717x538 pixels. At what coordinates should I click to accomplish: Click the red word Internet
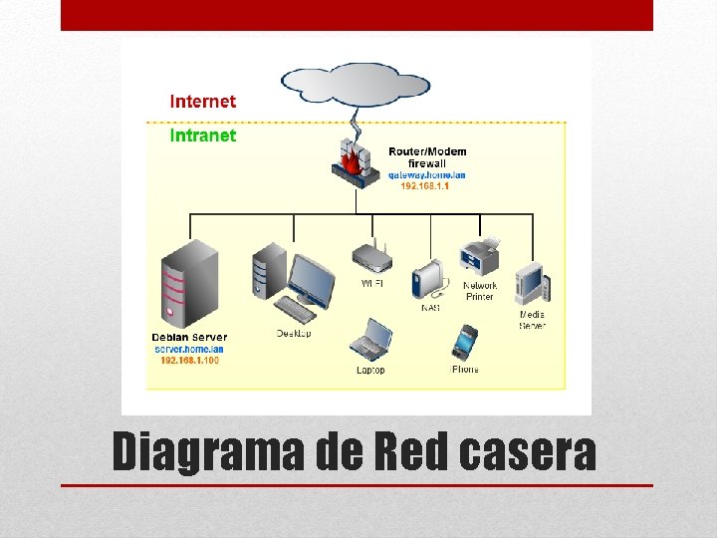click(203, 102)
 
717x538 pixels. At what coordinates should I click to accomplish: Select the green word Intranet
click(203, 135)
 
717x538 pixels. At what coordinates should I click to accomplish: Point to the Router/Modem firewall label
click(427, 157)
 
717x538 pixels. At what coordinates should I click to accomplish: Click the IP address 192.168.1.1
click(424, 185)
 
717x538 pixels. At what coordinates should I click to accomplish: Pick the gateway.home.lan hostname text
click(427, 174)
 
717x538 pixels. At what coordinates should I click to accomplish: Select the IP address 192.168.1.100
click(189, 360)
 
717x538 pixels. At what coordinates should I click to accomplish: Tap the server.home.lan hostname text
click(189, 349)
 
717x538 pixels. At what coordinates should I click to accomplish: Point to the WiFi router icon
click(371, 257)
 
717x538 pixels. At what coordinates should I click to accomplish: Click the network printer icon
click(479, 258)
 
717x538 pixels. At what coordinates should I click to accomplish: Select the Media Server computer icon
click(532, 284)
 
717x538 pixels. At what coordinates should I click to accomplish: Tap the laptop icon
click(370, 339)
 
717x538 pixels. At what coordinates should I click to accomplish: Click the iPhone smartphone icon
click(465, 342)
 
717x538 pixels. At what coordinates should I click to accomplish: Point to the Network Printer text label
click(479, 291)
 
